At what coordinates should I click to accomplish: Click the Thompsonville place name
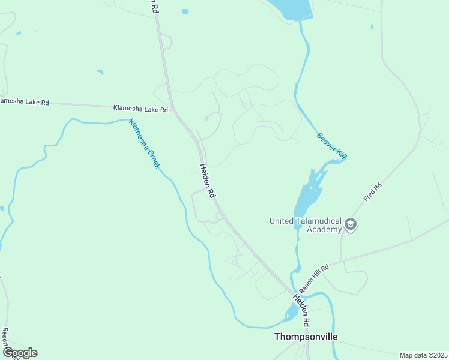point(306,337)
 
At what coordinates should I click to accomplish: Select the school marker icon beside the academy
point(351,225)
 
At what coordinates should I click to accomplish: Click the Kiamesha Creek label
point(145,144)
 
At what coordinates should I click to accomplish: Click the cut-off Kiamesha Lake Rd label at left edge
point(24,102)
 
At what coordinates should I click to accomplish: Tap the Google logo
point(19,353)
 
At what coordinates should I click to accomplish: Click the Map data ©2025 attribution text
point(423,355)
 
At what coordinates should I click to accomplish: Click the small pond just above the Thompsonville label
point(292,311)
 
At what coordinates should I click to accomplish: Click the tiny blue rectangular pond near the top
point(185,11)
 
